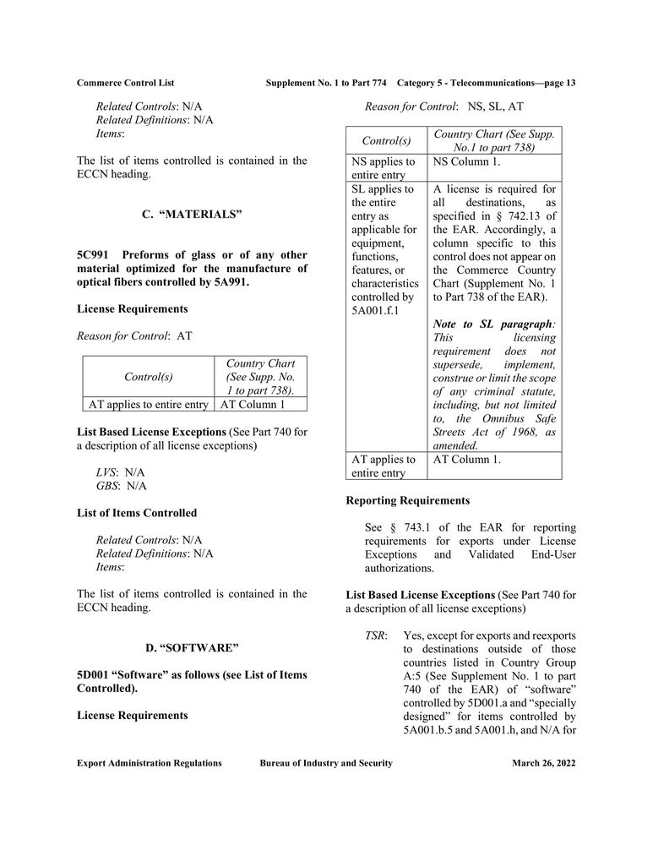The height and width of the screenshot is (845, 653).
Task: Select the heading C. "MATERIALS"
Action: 192,215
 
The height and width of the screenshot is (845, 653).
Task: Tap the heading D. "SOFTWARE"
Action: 192,648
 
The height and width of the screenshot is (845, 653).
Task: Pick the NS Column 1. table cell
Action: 467,161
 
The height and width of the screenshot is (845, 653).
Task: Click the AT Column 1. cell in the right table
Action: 467,459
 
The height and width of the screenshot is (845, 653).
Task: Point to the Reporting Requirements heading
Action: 408,500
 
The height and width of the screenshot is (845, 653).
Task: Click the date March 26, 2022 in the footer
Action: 543,763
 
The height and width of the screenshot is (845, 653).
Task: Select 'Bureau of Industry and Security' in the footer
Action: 326,763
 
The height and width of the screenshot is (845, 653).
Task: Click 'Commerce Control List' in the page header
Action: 125,83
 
